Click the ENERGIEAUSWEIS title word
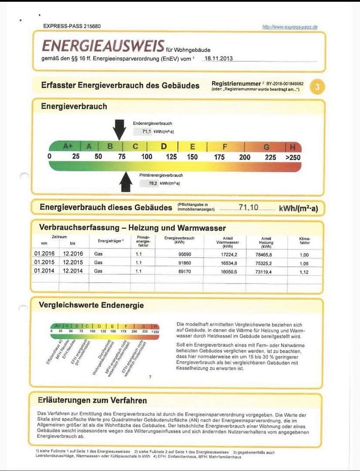pyautogui.click(x=103, y=46)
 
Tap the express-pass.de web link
pyautogui.click(x=290, y=27)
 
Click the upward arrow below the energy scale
pyautogui.click(x=126, y=182)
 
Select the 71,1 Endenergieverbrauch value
pyautogui.click(x=147, y=131)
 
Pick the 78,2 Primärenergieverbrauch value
pyautogui.click(x=153, y=183)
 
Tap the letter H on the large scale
pyautogui.click(x=292, y=147)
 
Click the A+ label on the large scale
pyautogui.click(x=68, y=147)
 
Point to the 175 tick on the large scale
pyautogui.click(x=219, y=157)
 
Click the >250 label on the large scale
pyautogui.click(x=293, y=157)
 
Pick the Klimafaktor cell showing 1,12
pyautogui.click(x=304, y=272)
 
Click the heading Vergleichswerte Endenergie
pyautogui.click(x=92, y=305)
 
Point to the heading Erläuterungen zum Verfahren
pyautogui.click(x=92, y=400)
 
